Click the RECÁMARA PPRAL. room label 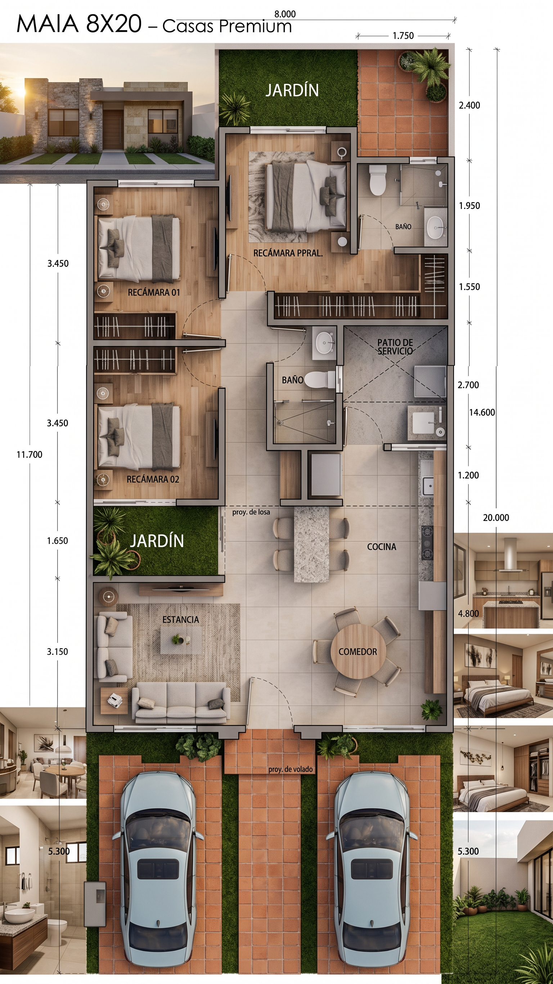pyautogui.click(x=288, y=253)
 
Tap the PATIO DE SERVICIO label pyautogui.click(x=395, y=347)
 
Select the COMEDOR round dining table pyautogui.click(x=358, y=651)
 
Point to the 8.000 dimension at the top pyautogui.click(x=285, y=14)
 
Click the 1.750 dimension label pyautogui.click(x=403, y=36)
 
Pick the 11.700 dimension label pyautogui.click(x=30, y=455)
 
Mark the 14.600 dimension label pyautogui.click(x=482, y=412)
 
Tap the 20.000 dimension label pyautogui.click(x=496, y=518)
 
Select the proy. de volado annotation pyautogui.click(x=291, y=769)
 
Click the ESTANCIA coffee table pyautogui.click(x=180, y=640)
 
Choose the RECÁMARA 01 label pyautogui.click(x=153, y=293)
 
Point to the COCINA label pyautogui.click(x=382, y=547)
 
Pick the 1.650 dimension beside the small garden pyautogui.click(x=57, y=541)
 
